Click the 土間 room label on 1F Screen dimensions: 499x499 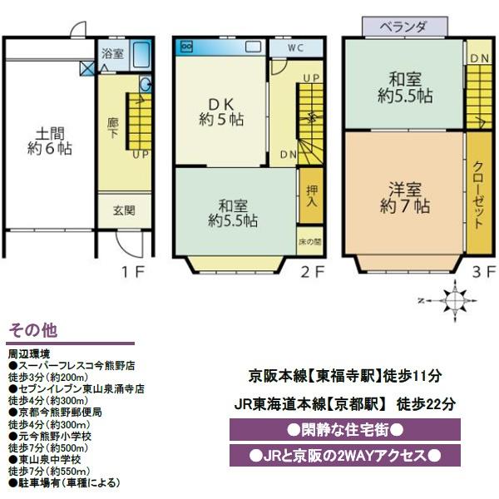tap(48, 141)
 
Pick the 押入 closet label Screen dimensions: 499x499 tap(311, 196)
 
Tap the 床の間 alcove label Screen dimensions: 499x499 tap(311, 243)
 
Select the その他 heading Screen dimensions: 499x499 tap(32, 330)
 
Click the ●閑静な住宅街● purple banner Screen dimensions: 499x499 tap(344, 431)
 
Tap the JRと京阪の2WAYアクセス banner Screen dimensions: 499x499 tap(344, 457)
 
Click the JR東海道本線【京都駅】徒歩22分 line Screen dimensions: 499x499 tap(344, 404)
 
